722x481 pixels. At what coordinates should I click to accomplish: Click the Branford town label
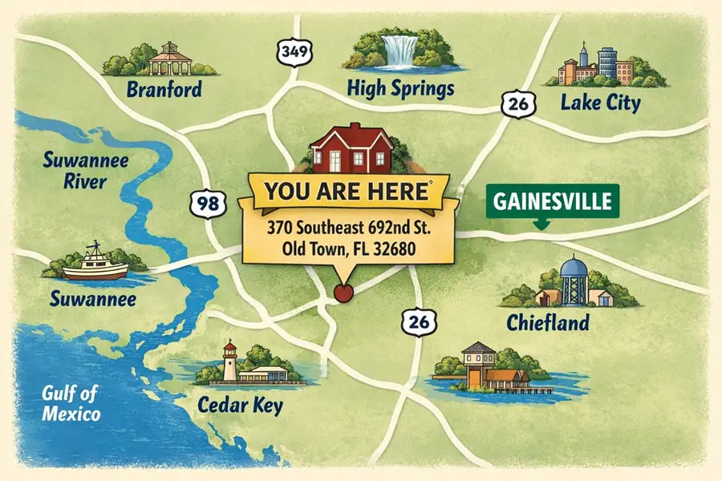(164, 89)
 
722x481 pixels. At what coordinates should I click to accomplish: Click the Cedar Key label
(240, 405)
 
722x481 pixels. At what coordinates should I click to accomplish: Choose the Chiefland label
(548, 323)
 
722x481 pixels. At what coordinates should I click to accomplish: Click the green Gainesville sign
(542, 200)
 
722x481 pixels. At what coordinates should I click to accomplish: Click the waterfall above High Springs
(399, 50)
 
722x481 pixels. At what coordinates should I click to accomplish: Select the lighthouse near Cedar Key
(229, 361)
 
